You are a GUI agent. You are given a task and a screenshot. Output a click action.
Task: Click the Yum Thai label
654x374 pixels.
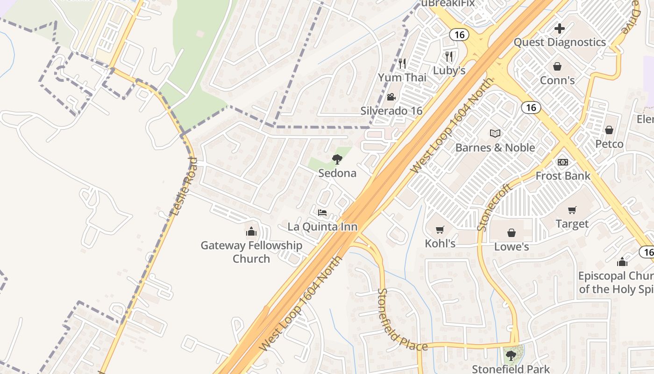[402, 77]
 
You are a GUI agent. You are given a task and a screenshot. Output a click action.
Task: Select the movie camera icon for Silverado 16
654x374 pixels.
[391, 97]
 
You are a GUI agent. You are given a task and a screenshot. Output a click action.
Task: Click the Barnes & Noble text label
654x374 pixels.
[495, 147]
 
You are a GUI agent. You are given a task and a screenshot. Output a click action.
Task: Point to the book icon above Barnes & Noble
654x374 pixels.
[495, 133]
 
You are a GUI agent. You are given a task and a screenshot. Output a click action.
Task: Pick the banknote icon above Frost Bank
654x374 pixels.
[563, 162]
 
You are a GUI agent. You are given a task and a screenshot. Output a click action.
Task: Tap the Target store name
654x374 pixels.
[572, 224]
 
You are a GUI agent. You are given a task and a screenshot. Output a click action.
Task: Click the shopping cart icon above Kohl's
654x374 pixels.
[440, 229]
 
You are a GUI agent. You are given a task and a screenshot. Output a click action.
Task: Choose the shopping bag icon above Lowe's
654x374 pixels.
[512, 232]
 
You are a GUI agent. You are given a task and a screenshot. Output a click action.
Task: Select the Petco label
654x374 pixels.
[609, 144]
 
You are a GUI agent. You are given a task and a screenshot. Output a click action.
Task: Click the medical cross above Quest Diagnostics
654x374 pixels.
[560, 29]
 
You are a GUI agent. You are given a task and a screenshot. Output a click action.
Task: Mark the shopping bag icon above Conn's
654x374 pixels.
[557, 66]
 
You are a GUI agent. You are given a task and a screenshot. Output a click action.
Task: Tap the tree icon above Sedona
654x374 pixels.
[337, 159]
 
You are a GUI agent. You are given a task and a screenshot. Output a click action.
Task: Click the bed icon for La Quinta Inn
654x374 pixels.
[322, 213]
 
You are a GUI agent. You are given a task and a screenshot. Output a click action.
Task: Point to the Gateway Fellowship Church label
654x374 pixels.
[251, 252]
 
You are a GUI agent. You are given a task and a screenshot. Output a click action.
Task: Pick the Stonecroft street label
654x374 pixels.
[496, 207]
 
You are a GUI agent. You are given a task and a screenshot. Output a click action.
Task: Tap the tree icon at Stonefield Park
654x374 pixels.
[512, 355]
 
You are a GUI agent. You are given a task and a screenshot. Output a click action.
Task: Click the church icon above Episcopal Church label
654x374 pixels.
[622, 262]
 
